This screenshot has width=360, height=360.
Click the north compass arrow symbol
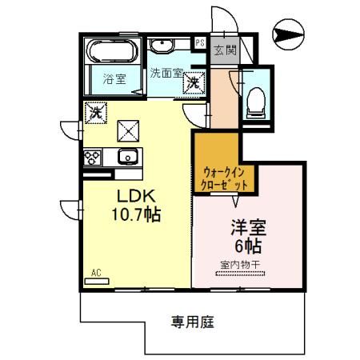click(288, 34)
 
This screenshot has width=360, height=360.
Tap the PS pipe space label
click(200, 42)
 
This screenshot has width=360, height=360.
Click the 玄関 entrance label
click(226, 50)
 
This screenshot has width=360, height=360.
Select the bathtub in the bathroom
click(114, 51)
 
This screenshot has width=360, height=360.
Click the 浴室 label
click(114, 79)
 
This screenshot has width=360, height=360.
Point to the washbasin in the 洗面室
click(162, 46)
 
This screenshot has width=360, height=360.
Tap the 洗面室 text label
click(166, 73)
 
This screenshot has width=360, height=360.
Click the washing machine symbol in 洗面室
click(194, 83)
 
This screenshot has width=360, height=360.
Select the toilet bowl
click(256, 102)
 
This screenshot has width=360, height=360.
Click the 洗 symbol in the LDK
click(96, 113)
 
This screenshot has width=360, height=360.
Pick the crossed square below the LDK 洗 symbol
click(128, 131)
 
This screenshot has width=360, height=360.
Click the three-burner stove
click(92, 158)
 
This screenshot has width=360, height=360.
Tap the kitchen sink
click(128, 157)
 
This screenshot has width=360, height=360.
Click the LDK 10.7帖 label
click(136, 205)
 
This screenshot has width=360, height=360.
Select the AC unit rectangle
click(97, 282)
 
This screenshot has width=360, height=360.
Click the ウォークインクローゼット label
click(224, 178)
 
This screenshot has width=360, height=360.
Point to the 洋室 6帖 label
click(248, 236)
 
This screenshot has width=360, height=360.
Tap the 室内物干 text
click(240, 265)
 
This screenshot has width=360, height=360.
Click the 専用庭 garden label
click(193, 322)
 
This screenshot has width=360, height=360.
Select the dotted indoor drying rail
click(240, 274)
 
